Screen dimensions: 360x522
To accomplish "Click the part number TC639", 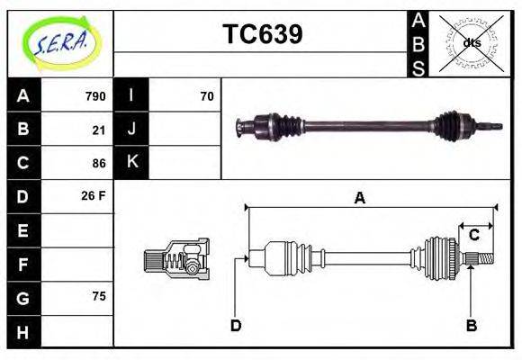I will (x=262, y=34).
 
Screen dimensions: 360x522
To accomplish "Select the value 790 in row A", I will (x=95, y=96).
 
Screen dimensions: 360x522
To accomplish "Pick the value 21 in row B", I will (x=99, y=130).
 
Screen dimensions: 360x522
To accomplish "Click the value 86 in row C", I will (x=99, y=163).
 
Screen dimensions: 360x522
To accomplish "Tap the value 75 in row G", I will (x=99, y=296).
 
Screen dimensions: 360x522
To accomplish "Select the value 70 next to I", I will (x=207, y=96).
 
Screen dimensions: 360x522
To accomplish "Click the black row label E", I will (x=23, y=230).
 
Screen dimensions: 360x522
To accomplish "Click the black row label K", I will (x=132, y=163).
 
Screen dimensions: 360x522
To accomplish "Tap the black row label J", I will (x=132, y=130).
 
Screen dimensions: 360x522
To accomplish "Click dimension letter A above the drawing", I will (x=359, y=198).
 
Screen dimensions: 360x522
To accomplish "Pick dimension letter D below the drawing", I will (x=235, y=326).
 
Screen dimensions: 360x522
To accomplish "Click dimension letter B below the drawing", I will (x=471, y=326).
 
